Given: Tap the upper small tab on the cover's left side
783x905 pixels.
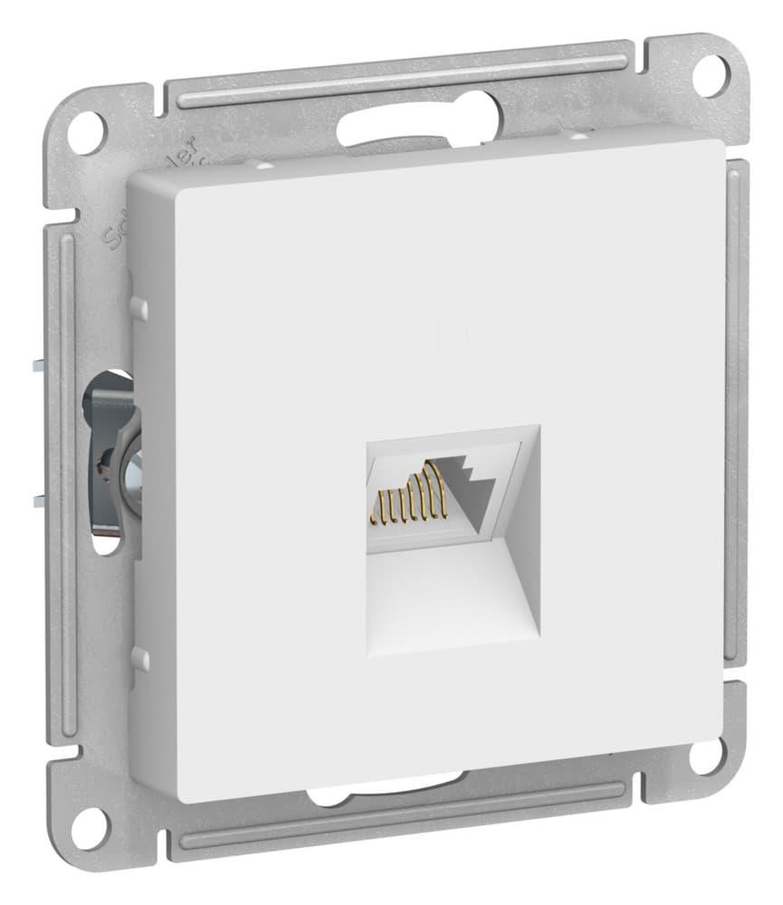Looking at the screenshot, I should tap(138, 308).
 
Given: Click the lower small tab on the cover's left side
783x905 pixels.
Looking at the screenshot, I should tap(138, 659).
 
